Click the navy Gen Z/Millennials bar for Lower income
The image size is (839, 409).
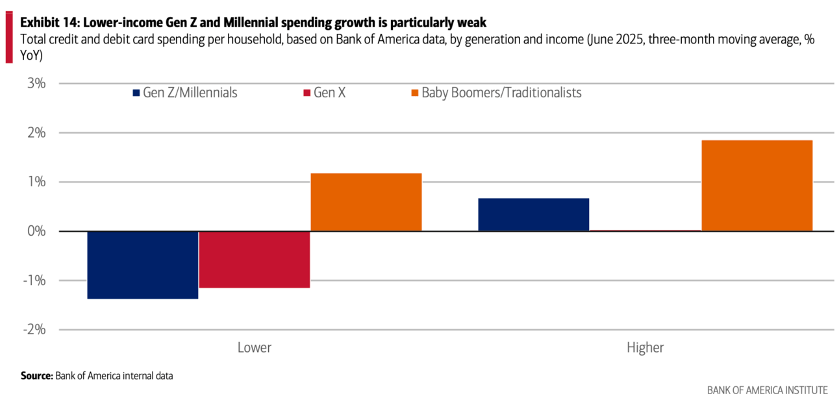(142, 265)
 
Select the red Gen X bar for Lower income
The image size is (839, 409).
(254, 259)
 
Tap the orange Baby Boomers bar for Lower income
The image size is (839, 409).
(366, 202)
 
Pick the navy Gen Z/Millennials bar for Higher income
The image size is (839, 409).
(533, 214)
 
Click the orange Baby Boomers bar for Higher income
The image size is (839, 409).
(757, 185)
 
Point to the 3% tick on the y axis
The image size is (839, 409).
(36, 83)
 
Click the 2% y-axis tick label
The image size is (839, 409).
(36, 132)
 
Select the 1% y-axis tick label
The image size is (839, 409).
(36, 182)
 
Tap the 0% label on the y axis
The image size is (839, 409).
(36, 231)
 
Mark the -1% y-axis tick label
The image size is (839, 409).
(34, 280)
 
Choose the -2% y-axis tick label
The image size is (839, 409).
(34, 329)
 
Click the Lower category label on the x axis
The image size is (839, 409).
(254, 347)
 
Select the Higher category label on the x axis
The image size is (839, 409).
(645, 347)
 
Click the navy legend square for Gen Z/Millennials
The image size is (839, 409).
(136, 93)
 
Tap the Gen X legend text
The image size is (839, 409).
(329, 93)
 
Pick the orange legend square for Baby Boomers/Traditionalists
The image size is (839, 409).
(414, 93)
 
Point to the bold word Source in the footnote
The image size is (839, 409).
(36, 375)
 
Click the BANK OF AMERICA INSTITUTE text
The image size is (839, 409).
(767, 390)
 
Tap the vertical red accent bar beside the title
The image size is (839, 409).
(9, 40)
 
